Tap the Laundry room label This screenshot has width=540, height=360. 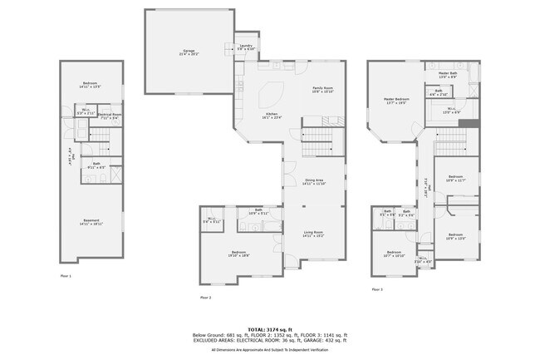pyautogui.click(x=246, y=47)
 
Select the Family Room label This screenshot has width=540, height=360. pyautogui.click(x=322, y=89)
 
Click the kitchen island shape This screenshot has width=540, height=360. pyautogui.click(x=274, y=90)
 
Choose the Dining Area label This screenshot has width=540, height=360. pyautogui.click(x=313, y=181)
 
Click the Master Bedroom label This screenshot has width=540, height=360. pyautogui.click(x=395, y=101)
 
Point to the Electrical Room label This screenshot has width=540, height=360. pyautogui.click(x=110, y=116)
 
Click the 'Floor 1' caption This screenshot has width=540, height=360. pyautogui.click(x=66, y=275)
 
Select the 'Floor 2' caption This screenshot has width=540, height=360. pyautogui.click(x=205, y=297)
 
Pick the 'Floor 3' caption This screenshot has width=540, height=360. pyautogui.click(x=376, y=289)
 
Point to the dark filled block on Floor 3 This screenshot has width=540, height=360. pyautogui.click(x=472, y=124)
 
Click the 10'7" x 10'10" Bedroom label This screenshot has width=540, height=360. pyautogui.click(x=393, y=254)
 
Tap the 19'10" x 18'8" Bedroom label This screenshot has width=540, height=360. pyautogui.click(x=239, y=254)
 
